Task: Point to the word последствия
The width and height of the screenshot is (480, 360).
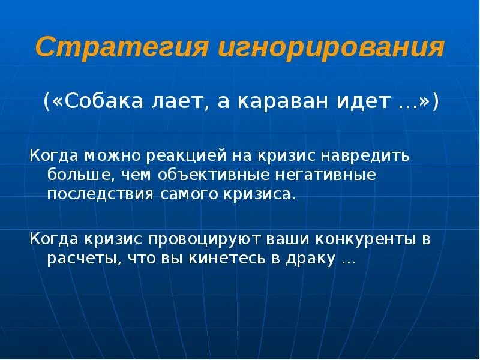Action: (x=101, y=195)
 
